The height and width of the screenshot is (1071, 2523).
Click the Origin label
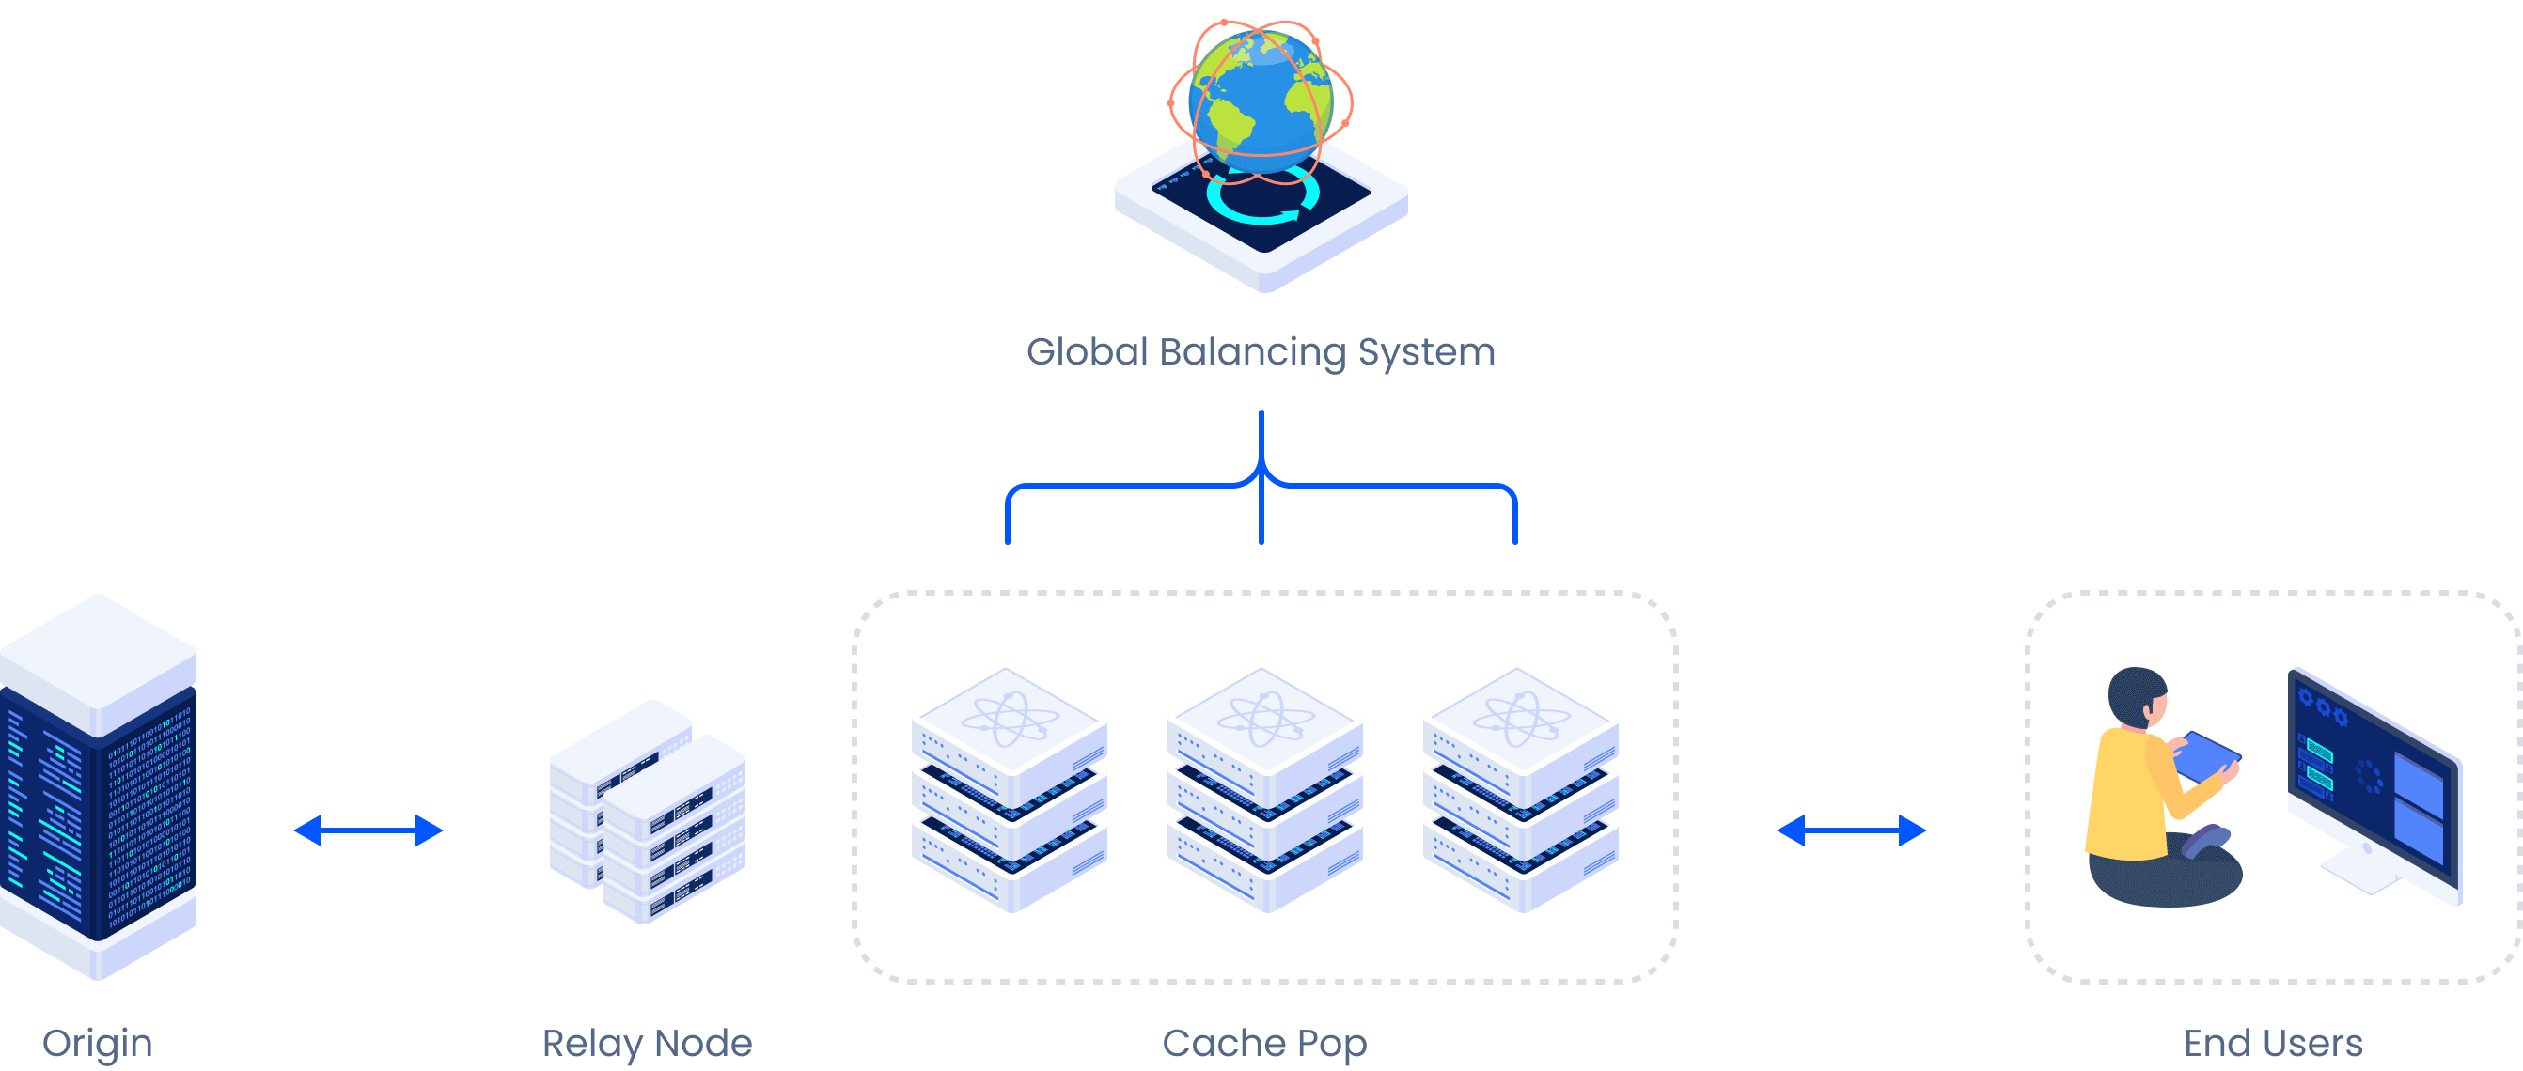coord(97,1043)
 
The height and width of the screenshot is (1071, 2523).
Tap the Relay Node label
coord(647,1043)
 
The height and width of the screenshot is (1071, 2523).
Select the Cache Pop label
coord(1263,1044)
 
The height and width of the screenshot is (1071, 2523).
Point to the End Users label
coord(2272,1043)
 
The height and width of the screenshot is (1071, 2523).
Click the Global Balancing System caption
coord(1261,352)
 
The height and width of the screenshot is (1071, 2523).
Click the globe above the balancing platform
coord(1261,101)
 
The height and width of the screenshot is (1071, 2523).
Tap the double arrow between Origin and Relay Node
coord(368,830)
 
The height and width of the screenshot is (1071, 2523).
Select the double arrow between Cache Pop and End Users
coord(1851,830)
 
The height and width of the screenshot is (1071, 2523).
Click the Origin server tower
coord(97,788)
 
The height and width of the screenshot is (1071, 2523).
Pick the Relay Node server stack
coord(648,813)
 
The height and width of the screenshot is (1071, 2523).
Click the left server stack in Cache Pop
coord(1009,788)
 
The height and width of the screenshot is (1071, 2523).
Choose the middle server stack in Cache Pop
coord(1264,788)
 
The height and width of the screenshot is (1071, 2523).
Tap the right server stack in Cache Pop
coord(1520,788)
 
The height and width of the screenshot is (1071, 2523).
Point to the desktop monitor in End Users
coord(2375,784)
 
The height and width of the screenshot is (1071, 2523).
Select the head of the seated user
coord(2139,697)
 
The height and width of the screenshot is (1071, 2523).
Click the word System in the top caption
coord(1426,352)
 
